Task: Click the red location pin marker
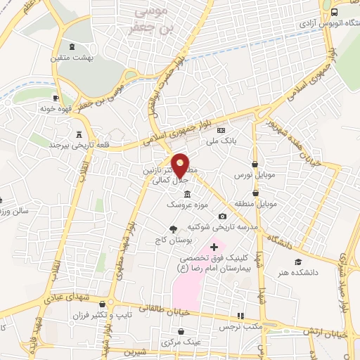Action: (x=181, y=165)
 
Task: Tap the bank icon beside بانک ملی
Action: (x=221, y=131)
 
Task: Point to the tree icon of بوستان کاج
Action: (x=173, y=229)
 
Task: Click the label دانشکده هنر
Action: (x=299, y=272)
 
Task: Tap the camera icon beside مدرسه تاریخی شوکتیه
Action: (x=223, y=217)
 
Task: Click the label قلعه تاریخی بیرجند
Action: (x=57, y=144)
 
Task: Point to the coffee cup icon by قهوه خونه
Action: (x=56, y=98)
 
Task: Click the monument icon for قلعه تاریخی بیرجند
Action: (x=77, y=134)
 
